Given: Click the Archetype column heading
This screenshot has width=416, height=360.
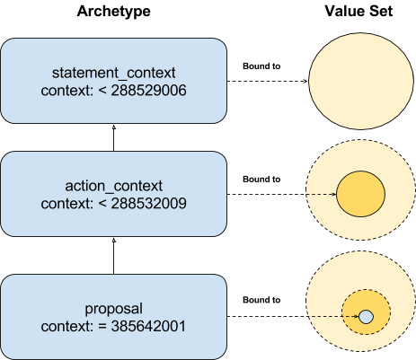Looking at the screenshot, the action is click(x=113, y=12).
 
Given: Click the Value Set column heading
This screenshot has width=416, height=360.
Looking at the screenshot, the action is click(x=358, y=11).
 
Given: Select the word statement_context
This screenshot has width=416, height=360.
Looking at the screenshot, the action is click(x=114, y=73).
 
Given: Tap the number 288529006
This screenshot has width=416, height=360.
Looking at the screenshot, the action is click(x=149, y=90).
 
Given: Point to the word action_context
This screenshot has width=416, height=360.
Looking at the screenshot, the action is click(x=114, y=186).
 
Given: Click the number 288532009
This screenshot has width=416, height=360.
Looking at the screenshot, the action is click(x=149, y=203).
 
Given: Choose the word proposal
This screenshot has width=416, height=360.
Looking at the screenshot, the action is click(x=114, y=309).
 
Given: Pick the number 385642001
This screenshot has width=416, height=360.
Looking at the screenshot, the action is click(x=148, y=326).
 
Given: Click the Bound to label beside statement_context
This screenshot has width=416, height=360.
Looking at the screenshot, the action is click(x=261, y=66).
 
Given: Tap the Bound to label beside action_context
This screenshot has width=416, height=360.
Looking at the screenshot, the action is click(x=261, y=180).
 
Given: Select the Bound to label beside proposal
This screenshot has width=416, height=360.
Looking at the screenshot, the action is click(x=261, y=300).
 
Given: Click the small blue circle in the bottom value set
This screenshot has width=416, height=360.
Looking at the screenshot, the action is click(x=366, y=317).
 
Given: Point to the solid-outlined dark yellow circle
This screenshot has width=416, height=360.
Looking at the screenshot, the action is click(x=360, y=194).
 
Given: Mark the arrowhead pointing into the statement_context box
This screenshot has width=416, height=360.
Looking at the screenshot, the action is click(x=114, y=127).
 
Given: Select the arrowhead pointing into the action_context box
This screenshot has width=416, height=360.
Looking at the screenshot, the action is click(x=114, y=241).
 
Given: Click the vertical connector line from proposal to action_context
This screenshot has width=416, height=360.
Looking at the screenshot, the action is click(x=114, y=256).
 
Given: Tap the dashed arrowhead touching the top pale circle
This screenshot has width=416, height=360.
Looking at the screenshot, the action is click(x=305, y=81).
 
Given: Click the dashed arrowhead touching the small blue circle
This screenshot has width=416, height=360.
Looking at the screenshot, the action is click(x=356, y=316).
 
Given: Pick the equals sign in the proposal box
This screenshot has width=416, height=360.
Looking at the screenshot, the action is click(x=102, y=327).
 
